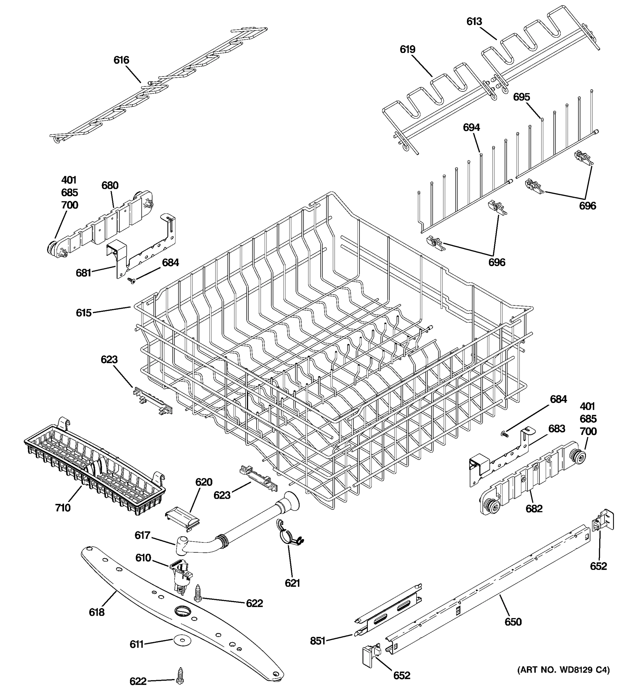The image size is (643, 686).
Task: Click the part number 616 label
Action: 121,60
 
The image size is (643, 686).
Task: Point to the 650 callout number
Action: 513,622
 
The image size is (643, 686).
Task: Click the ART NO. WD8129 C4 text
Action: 563,670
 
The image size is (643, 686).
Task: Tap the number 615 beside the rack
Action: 83,313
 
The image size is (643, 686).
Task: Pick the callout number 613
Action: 474,22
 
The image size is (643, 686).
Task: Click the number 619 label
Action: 408,49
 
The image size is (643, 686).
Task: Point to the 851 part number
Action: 318,641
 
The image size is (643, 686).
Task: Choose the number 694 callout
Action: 471,128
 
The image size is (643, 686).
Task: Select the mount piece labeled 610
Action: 180,575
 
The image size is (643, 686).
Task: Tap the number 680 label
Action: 110,186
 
